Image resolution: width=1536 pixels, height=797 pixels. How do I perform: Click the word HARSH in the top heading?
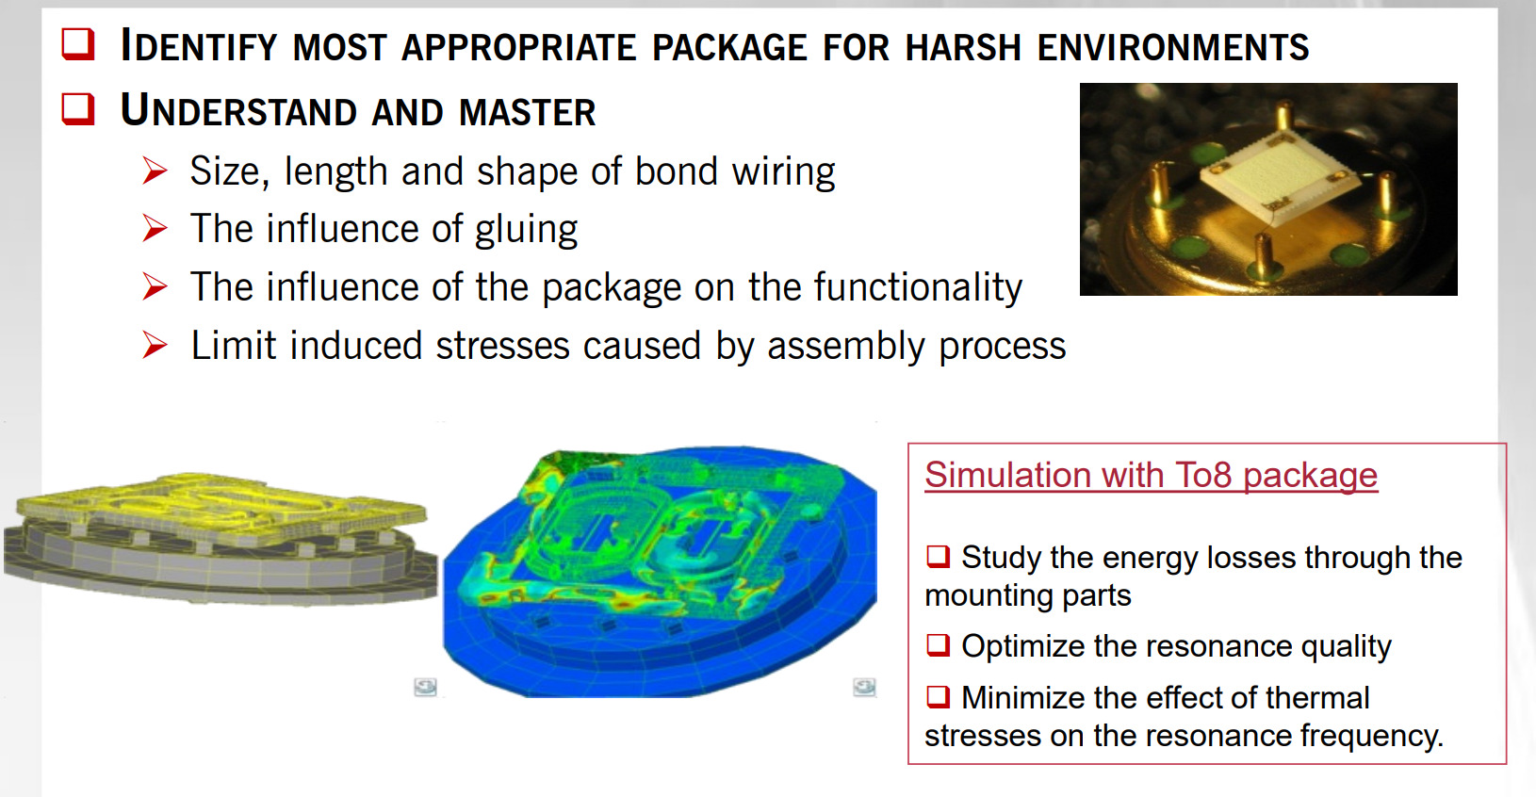[964, 47]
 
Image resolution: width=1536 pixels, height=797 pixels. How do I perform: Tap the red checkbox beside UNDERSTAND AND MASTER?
[78, 108]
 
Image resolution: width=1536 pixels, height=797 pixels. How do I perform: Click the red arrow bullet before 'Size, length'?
[155, 171]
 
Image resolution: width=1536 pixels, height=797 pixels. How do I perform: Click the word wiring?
[783, 171]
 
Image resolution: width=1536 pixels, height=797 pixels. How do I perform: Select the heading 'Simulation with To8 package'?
[1152, 475]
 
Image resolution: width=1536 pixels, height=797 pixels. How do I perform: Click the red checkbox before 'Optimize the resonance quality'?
[938, 645]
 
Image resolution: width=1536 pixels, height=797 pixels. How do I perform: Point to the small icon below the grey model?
[426, 687]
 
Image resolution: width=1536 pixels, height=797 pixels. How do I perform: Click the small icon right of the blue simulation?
[865, 687]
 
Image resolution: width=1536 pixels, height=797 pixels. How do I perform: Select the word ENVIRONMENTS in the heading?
[1173, 47]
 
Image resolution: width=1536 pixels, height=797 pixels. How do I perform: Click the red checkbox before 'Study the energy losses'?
[938, 557]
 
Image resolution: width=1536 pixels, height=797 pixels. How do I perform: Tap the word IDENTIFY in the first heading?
[199, 46]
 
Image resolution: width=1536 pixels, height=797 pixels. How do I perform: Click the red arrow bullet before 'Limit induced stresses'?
[155, 346]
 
